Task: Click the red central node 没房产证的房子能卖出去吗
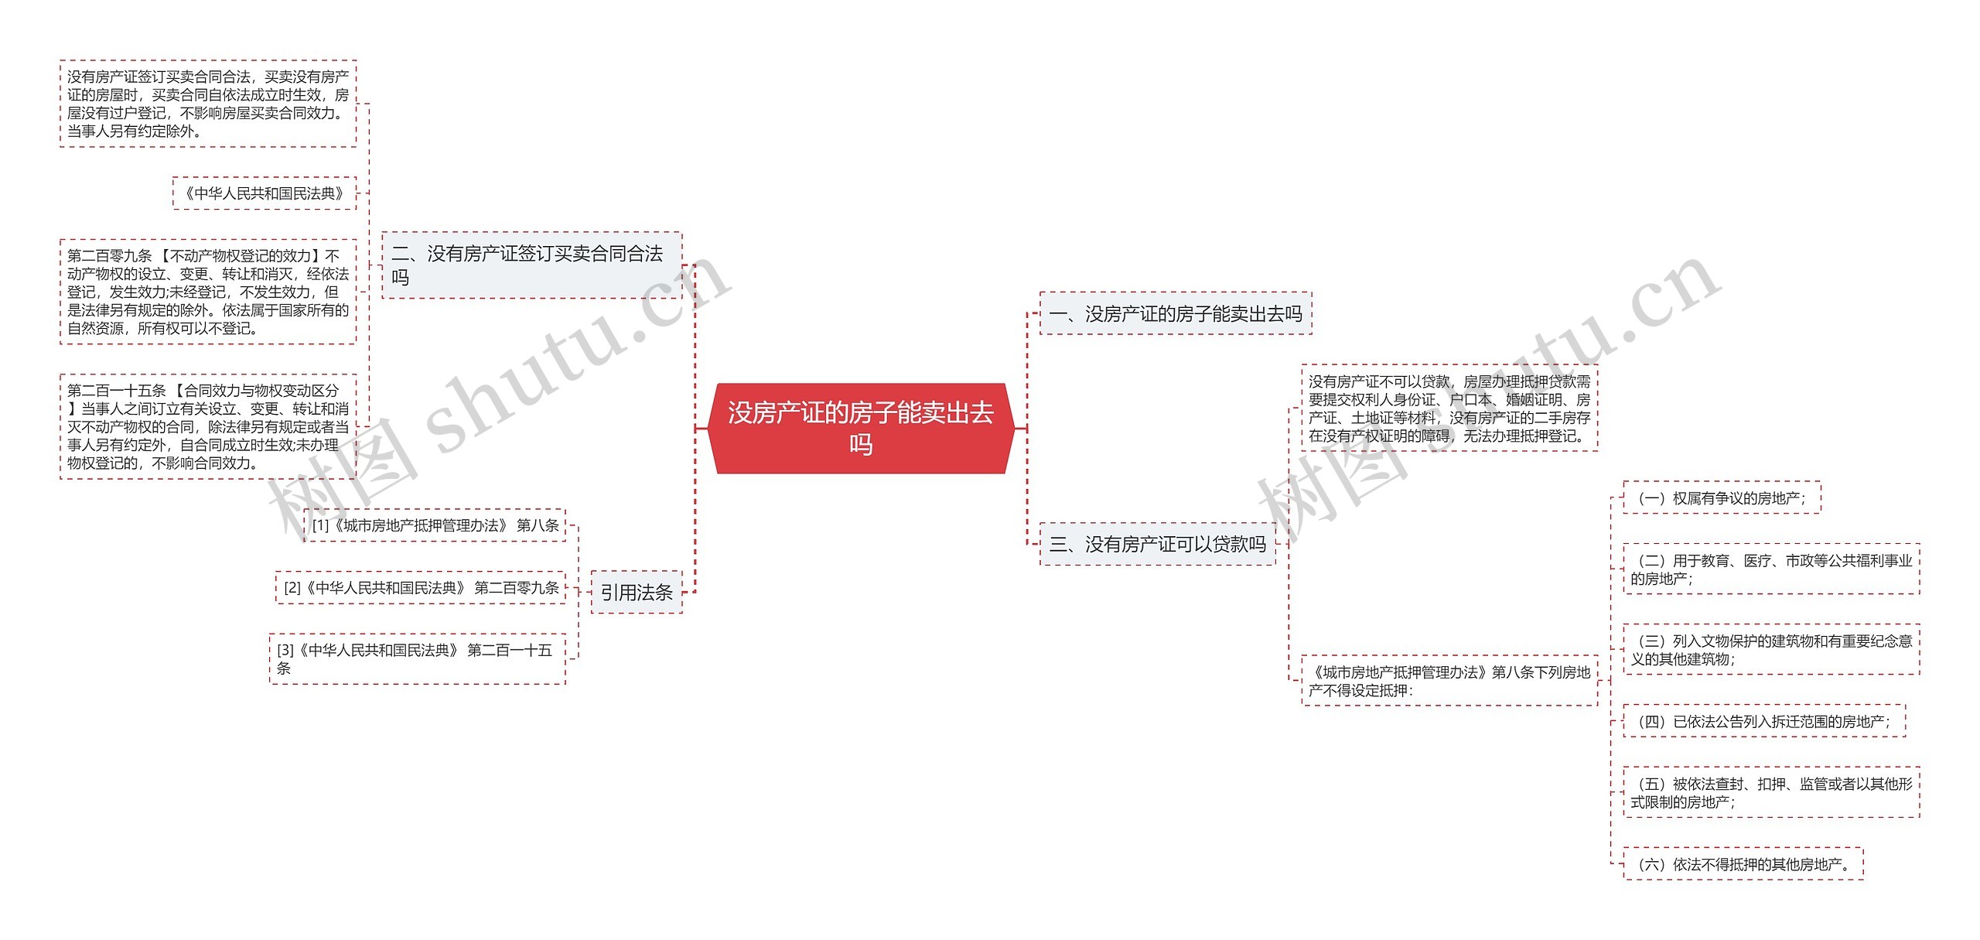860,428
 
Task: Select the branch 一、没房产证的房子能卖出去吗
1175,313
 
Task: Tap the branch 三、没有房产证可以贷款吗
1157,544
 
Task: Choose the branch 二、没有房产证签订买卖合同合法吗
531,265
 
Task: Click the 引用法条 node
636,592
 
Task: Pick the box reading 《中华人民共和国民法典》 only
264,193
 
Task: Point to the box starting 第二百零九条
207,292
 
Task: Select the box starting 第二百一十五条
207,426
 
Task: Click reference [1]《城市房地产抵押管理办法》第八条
435,525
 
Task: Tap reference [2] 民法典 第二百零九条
421,588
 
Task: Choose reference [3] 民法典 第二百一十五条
417,658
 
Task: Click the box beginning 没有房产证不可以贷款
1449,408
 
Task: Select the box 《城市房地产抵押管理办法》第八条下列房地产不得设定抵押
1449,681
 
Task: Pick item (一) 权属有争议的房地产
1721,498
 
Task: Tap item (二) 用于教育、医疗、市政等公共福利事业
1770,569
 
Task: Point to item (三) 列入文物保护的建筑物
1770,650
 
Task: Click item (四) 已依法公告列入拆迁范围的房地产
1763,721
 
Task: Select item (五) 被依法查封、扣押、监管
1770,793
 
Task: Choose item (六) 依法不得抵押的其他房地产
1743,864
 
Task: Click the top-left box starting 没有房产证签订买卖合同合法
207,104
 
